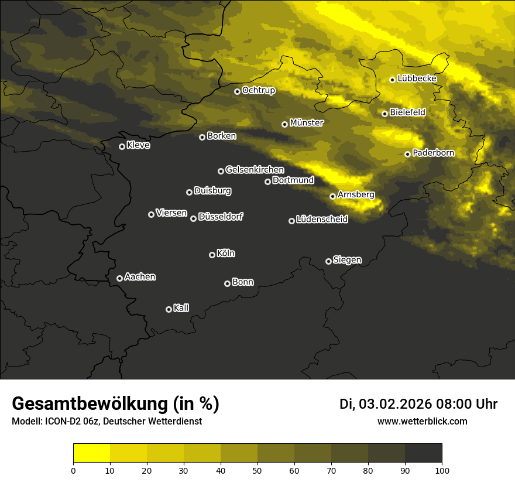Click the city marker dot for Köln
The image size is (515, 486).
(212, 255)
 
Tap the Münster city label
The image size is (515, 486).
(307, 123)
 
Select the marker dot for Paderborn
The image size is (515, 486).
(407, 154)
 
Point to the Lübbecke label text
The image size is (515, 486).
(417, 78)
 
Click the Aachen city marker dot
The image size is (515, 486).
(119, 278)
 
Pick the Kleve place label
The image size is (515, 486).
(138, 145)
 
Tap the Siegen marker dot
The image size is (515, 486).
(328, 261)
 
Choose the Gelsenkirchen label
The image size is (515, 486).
(255, 170)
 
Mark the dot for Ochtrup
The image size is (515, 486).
(237, 91)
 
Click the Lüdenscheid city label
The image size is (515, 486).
(322, 220)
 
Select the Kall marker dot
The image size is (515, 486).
(169, 309)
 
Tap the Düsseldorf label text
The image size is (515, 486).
(221, 217)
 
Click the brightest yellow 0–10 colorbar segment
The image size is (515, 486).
(91, 453)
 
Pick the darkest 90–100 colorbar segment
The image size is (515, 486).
(423, 453)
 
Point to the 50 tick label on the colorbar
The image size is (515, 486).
(257, 470)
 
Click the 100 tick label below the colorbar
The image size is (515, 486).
(442, 470)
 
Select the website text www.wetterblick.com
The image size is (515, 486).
(422, 421)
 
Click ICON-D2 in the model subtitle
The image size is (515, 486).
(60, 421)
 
